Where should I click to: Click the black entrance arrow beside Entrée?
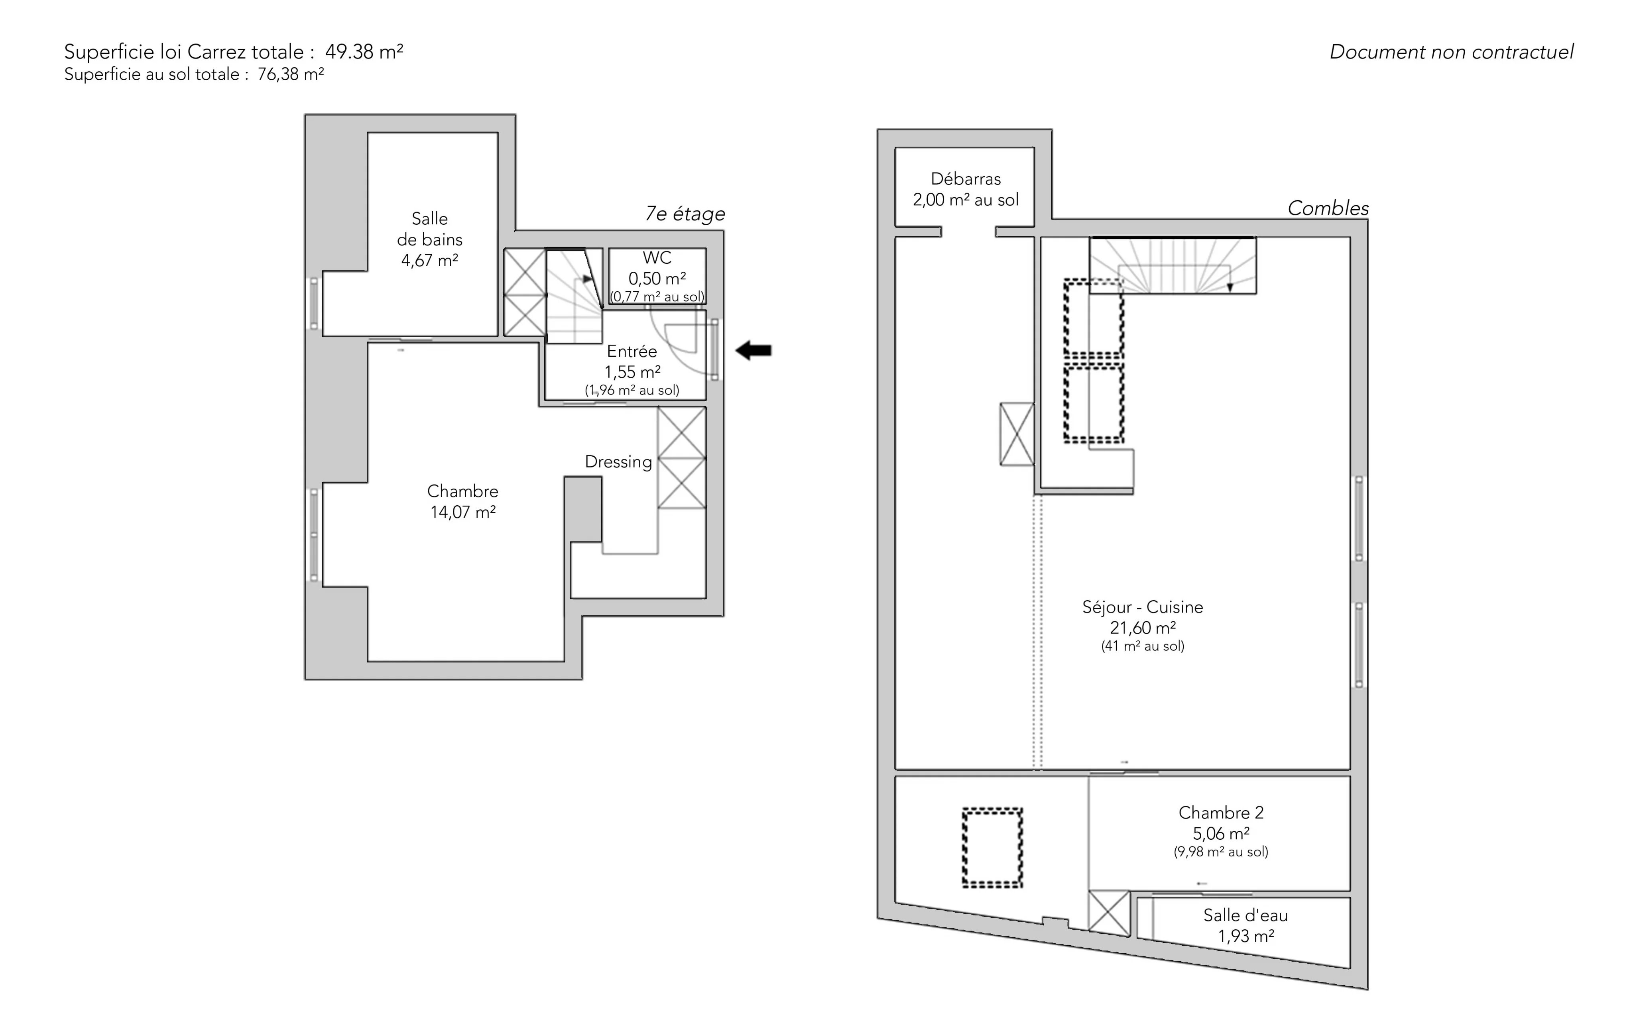754,350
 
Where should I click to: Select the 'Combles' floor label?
1328,208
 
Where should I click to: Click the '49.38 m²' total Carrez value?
364,51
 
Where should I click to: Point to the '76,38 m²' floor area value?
290,74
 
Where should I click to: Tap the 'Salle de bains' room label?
430,229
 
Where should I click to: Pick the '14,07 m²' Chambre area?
463,512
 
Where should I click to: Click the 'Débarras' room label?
966,179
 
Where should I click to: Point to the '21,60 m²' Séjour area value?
1143,628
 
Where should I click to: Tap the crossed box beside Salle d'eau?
1110,913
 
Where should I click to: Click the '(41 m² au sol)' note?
1143,646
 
